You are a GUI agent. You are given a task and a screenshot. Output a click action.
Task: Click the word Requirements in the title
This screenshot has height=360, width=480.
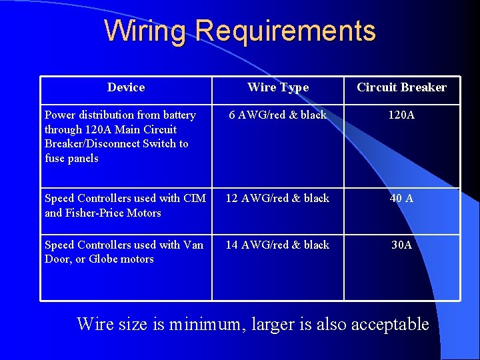point(286,31)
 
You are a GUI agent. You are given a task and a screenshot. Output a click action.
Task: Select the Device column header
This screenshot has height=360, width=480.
point(126,87)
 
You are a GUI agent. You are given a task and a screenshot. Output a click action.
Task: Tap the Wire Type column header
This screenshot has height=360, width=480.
point(278,87)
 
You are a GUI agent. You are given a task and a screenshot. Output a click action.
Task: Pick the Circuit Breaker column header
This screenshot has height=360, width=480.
point(401,87)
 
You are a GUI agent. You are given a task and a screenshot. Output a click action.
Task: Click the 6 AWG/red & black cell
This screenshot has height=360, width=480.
point(278,115)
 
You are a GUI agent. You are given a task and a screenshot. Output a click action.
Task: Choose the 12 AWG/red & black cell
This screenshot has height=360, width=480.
point(277,198)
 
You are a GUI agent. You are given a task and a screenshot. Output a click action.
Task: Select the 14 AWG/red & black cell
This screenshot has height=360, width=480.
point(277,245)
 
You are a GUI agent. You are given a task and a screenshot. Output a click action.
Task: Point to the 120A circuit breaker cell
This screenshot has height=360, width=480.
point(401,115)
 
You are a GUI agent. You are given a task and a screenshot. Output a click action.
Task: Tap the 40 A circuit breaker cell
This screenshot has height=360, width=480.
point(401,198)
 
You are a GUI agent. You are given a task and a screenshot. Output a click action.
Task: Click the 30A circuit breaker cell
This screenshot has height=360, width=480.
point(401,245)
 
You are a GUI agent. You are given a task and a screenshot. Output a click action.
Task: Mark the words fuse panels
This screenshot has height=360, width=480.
point(71,158)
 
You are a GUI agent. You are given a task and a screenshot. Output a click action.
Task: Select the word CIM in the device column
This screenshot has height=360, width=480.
point(195,198)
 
